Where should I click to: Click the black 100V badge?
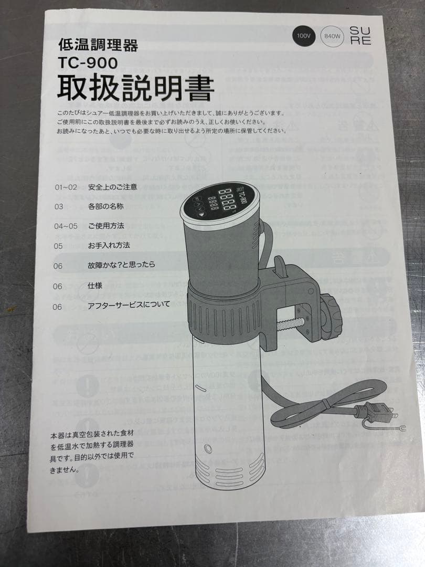click(x=304, y=36)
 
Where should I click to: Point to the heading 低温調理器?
click(x=98, y=46)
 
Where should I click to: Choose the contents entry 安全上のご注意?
click(x=113, y=187)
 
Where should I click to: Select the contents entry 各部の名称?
click(x=105, y=206)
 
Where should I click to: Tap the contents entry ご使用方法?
click(x=106, y=226)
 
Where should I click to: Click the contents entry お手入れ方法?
click(x=109, y=245)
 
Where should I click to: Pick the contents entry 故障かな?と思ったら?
click(x=122, y=265)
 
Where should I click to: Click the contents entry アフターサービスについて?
click(x=129, y=304)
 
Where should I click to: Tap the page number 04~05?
click(x=66, y=226)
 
